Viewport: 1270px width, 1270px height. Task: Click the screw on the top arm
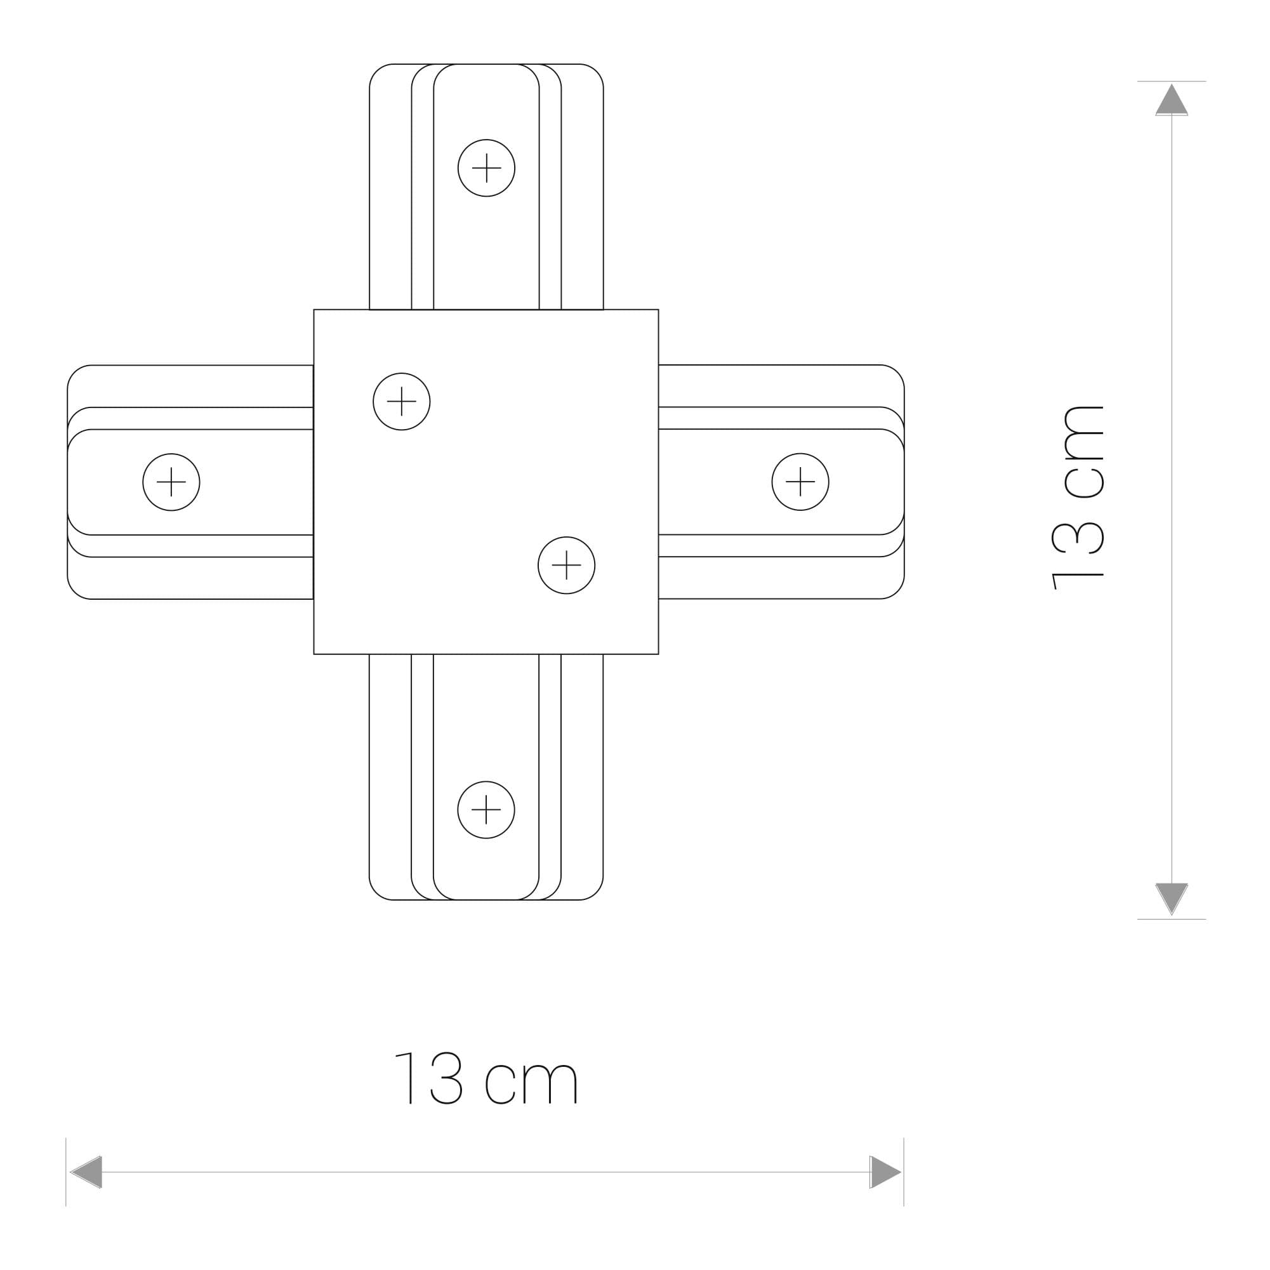(486, 168)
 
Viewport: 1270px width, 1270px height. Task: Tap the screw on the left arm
(171, 482)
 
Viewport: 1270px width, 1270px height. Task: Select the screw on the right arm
(800, 482)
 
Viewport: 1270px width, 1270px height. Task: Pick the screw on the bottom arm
(486, 810)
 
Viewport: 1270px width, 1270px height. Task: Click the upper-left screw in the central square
(402, 401)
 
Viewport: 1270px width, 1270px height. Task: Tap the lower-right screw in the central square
(567, 566)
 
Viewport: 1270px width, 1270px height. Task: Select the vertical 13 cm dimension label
(1078, 497)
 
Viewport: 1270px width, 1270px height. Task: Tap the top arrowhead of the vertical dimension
(1172, 100)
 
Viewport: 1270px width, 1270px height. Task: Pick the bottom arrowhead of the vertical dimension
(1172, 898)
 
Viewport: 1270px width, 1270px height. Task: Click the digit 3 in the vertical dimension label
(1078, 538)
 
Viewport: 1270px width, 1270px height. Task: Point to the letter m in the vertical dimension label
(1084, 433)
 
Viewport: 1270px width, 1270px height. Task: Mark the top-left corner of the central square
(314, 310)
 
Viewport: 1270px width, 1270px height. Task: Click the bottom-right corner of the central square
(658, 654)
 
